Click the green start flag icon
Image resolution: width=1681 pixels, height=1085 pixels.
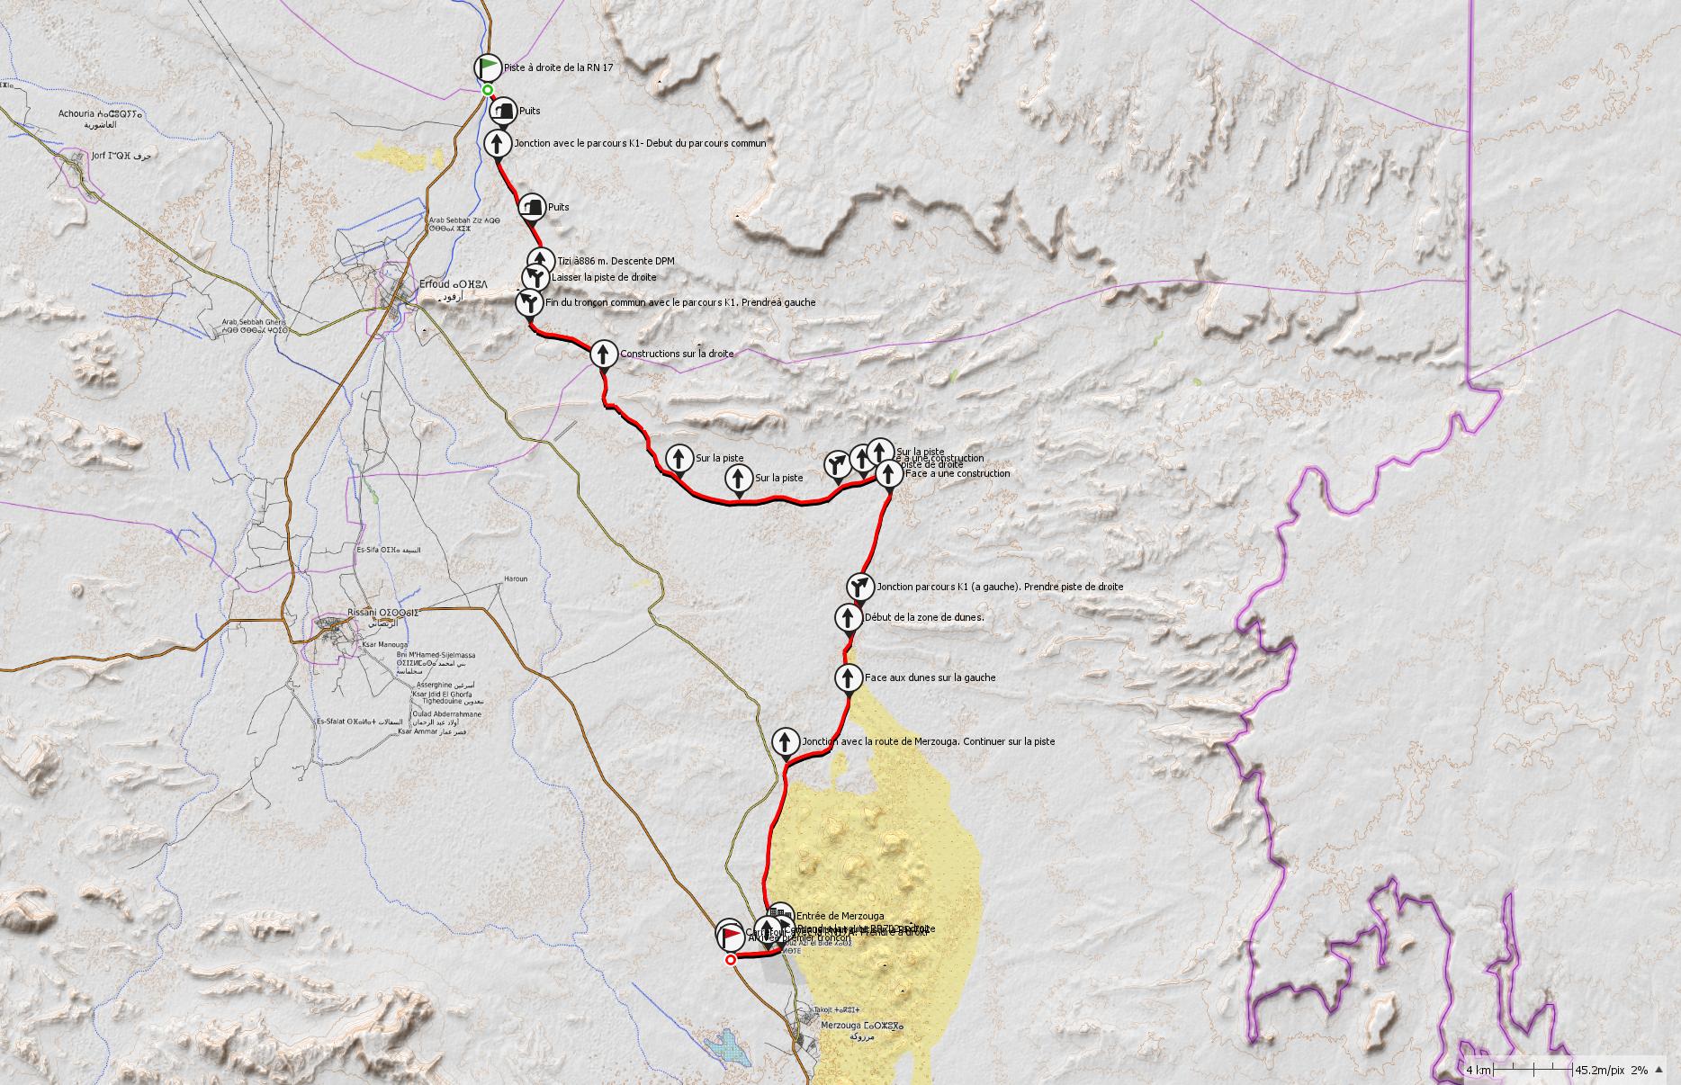(487, 67)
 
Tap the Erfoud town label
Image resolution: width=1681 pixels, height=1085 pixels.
(440, 284)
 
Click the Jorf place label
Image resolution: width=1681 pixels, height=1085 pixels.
(110, 156)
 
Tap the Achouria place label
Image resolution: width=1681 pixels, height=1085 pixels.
(99, 114)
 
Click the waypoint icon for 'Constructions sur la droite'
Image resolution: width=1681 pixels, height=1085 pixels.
(602, 354)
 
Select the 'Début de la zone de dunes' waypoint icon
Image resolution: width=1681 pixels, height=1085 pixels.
(848, 618)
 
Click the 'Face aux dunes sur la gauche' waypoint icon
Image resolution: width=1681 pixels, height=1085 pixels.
(848, 677)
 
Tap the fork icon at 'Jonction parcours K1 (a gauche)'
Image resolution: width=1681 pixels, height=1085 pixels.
(860, 587)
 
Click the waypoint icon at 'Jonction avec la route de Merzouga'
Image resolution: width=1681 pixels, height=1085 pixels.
(785, 741)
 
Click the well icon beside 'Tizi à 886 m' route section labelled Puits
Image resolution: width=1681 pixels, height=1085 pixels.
(532, 207)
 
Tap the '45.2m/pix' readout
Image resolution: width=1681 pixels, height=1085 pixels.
(1599, 1070)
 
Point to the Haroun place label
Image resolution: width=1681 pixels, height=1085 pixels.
(515, 578)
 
